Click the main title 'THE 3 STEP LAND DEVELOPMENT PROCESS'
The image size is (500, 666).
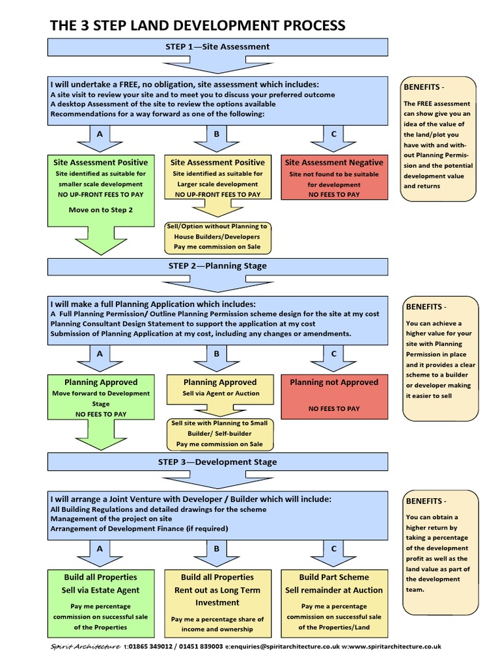(198, 25)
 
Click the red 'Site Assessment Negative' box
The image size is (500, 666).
(334, 178)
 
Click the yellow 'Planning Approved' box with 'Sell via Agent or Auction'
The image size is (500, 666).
(219, 388)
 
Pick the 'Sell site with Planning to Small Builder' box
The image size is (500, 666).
(219, 433)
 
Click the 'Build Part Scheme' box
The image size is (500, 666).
(334, 602)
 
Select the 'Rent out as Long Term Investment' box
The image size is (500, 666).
(217, 602)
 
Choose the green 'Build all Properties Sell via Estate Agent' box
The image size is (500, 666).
(100, 602)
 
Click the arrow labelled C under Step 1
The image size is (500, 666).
(334, 135)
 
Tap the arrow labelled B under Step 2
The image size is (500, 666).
(217, 355)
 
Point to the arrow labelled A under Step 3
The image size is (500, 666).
(100, 550)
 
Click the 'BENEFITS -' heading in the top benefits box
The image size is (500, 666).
(426, 87)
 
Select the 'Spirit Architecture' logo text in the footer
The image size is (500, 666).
(85, 646)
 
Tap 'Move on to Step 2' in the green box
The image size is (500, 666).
(100, 210)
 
